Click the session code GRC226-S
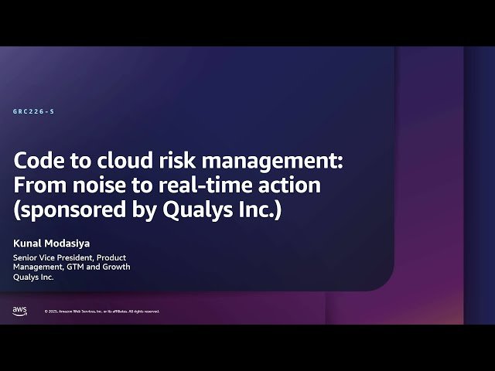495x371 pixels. [x=34, y=112]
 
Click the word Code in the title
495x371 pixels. [x=38, y=162]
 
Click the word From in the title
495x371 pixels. [x=39, y=185]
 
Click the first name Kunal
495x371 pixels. [x=29, y=241]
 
